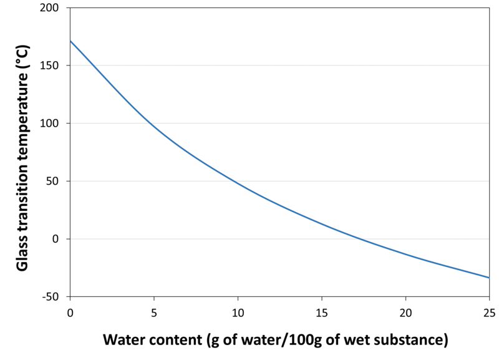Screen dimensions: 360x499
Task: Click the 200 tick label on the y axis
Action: click(55, 8)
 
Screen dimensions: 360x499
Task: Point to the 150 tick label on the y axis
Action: click(55, 66)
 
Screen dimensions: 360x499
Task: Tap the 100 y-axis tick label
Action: click(55, 124)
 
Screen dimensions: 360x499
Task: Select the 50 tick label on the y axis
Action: click(57, 182)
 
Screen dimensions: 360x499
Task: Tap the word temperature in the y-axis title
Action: click(22, 125)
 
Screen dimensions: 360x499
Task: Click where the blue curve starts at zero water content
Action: click(70, 41)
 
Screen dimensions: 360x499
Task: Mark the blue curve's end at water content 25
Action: click(489, 278)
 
